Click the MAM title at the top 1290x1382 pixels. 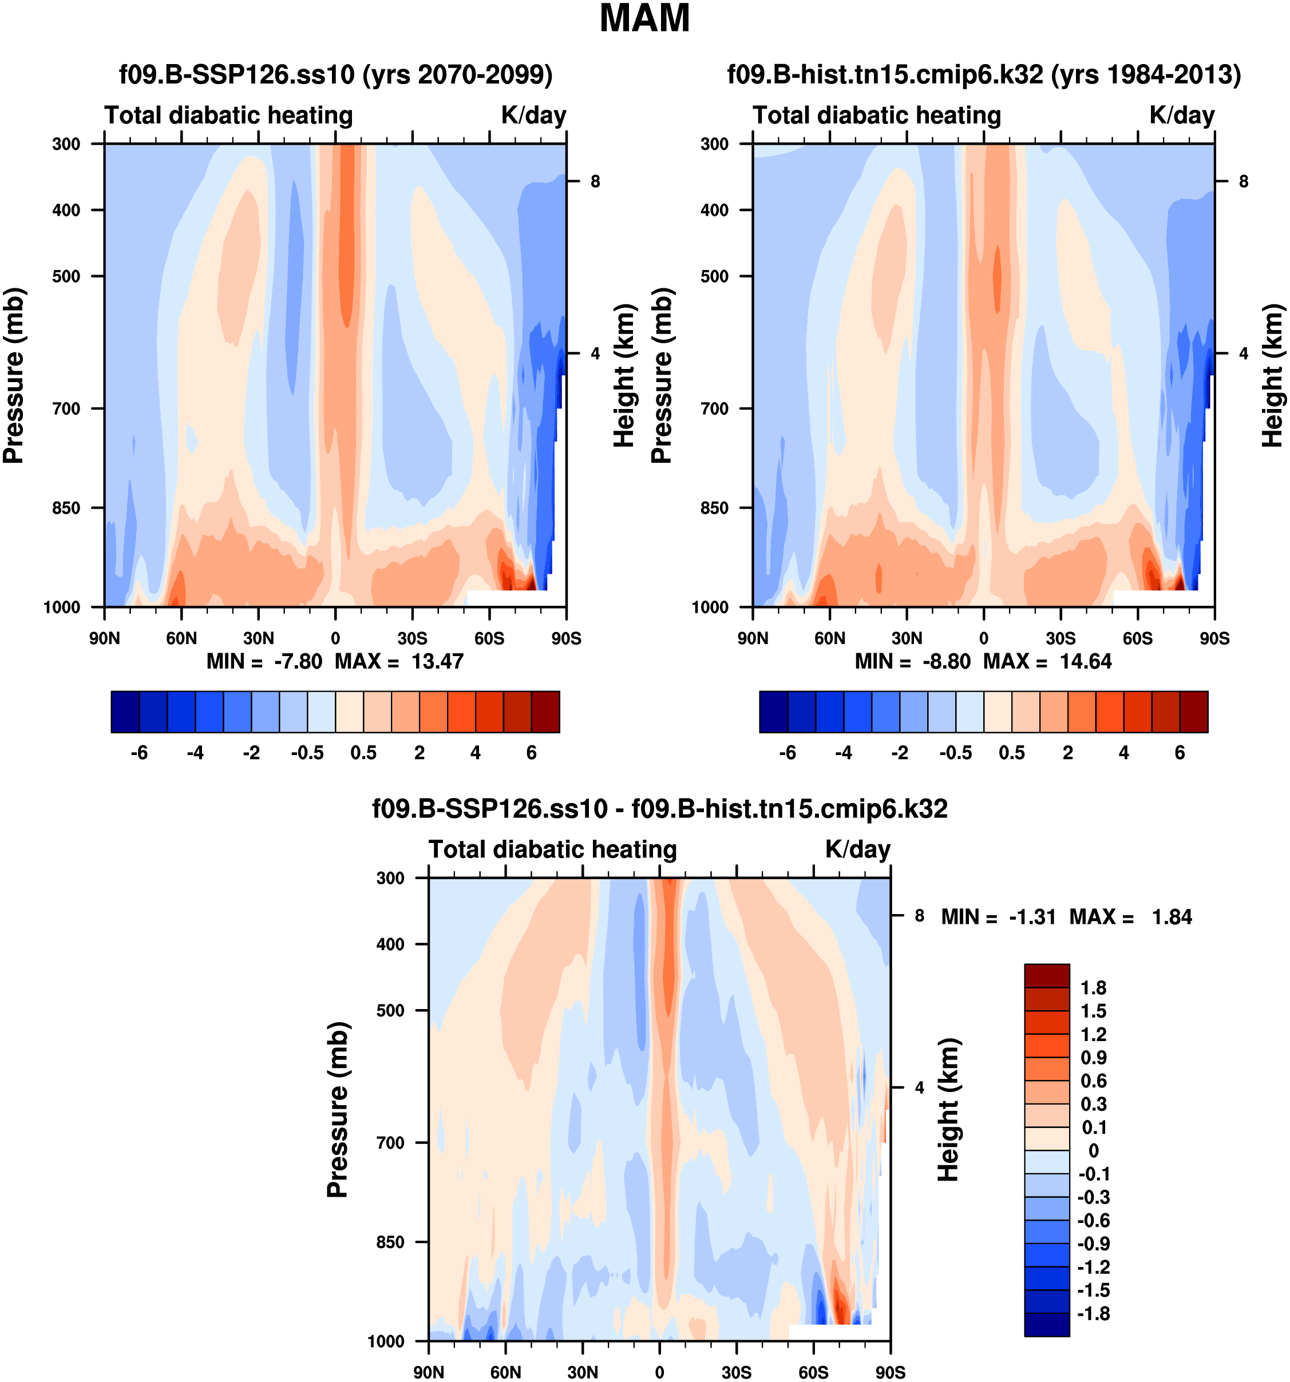pos(644,19)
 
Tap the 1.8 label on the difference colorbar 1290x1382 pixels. pos(1093,988)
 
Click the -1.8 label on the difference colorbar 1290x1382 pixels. pos(1093,1314)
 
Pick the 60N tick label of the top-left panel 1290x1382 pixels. pos(181,638)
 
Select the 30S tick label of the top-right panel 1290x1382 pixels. pos(1061,638)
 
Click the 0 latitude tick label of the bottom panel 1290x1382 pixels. pos(659,1372)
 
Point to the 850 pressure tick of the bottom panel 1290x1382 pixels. pos(390,1242)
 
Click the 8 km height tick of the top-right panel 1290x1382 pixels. pos(1244,182)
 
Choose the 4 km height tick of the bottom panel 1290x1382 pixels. pos(919,1088)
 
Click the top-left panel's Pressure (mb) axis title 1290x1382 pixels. pos(14,375)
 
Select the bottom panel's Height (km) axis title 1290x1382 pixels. pos(948,1110)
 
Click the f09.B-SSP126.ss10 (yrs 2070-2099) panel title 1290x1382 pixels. pos(336,74)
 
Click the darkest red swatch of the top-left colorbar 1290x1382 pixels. pos(545,712)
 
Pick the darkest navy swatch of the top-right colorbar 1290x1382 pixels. pos(773,712)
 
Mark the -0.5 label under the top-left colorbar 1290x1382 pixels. pos(307,753)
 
